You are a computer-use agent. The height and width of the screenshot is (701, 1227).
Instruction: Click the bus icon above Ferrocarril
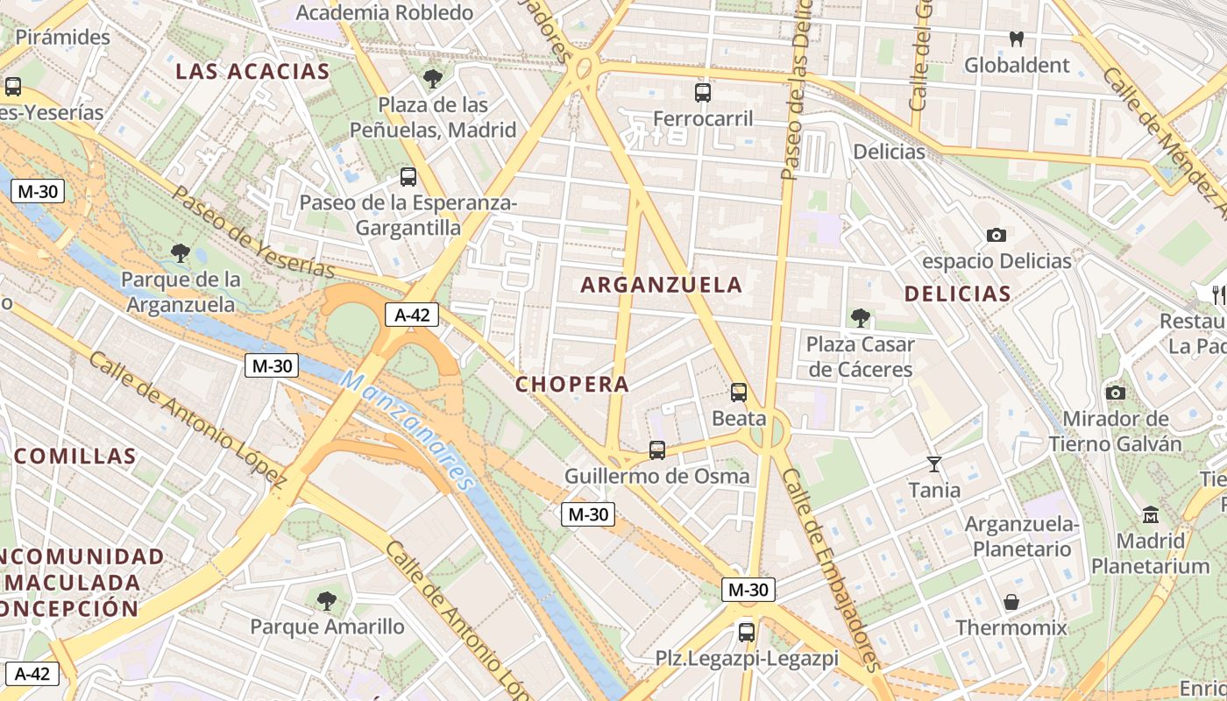point(702,93)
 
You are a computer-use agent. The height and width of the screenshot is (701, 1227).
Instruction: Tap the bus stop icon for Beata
point(739,393)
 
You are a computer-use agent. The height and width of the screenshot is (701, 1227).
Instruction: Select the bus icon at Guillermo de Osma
point(657,450)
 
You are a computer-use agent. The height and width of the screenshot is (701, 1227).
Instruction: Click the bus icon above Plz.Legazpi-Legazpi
point(747,632)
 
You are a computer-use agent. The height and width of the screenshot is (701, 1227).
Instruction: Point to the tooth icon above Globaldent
point(1017,39)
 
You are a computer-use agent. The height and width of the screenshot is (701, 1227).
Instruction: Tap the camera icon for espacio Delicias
point(996,235)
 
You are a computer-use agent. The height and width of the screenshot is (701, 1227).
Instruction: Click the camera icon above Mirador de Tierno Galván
point(1116,393)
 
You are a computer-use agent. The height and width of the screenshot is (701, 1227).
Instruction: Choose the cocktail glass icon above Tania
point(934,464)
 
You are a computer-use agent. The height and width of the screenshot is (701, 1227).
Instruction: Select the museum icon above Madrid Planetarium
point(1151,514)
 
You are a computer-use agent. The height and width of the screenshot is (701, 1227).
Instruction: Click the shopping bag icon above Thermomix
point(1011,602)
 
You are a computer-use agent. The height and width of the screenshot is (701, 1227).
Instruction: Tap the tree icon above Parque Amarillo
point(327,601)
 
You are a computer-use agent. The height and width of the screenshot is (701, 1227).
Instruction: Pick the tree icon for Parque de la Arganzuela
point(181,254)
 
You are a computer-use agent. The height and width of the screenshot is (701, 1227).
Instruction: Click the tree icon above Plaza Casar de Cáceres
point(860,318)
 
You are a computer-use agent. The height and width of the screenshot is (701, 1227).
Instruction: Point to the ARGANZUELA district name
point(661,285)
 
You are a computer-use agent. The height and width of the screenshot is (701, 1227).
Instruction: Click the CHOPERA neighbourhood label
point(571,385)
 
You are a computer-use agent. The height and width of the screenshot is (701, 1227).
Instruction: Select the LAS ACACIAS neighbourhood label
point(252,72)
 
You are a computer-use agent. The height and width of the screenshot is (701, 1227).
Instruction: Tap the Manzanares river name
point(407,429)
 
